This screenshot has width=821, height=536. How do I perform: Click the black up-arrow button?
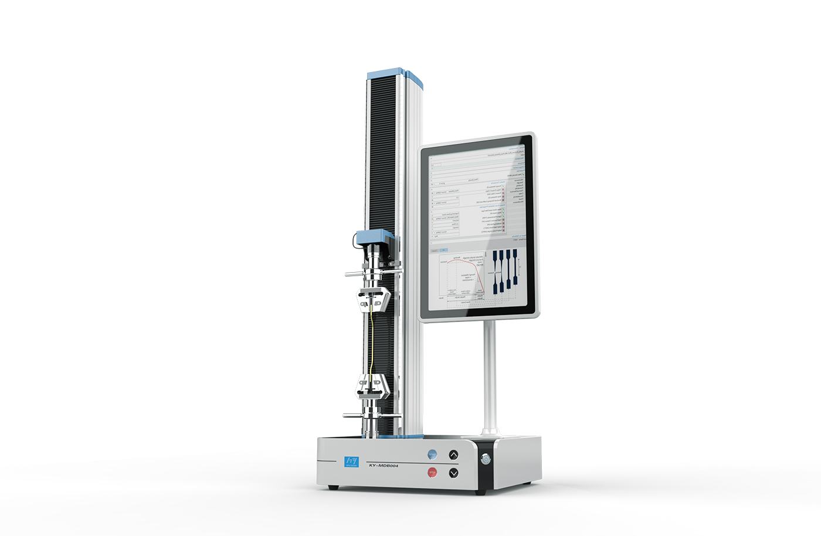coord(453,455)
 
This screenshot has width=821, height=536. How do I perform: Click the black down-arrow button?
coord(453,473)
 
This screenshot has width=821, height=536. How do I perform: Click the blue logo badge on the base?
coord(351,462)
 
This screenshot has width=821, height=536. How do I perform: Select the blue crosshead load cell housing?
coord(375,236)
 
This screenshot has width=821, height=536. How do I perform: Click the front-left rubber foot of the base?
coord(333,487)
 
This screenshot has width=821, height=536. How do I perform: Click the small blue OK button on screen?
coord(444,250)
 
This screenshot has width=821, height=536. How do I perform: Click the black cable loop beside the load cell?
coord(356,239)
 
